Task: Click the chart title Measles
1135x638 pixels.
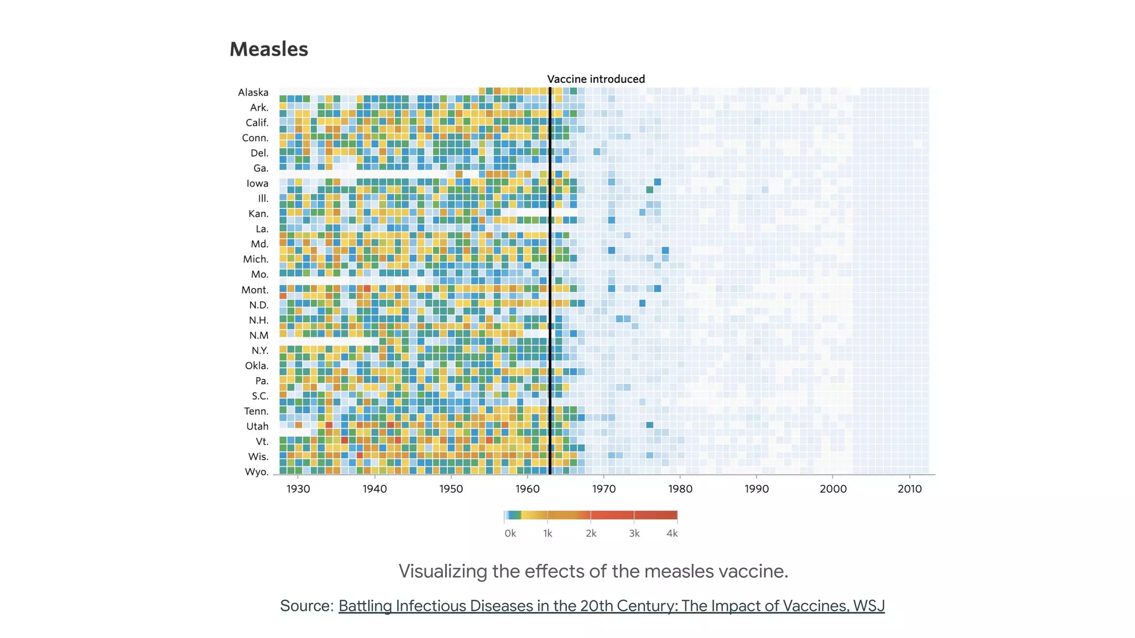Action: tap(269, 49)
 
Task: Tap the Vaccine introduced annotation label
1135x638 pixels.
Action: tap(596, 79)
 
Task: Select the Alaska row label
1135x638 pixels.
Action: tap(253, 92)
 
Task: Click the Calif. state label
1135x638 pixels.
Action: tap(257, 123)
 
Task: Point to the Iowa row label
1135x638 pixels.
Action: tap(258, 183)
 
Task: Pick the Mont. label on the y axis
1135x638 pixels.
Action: tap(255, 290)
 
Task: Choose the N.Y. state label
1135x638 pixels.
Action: tap(260, 351)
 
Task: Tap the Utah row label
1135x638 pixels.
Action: tap(257, 426)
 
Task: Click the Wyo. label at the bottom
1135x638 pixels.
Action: tap(257, 472)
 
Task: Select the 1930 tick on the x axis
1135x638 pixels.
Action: tap(298, 489)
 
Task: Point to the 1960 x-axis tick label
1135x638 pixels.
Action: tap(527, 489)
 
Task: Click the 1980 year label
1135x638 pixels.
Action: tap(680, 489)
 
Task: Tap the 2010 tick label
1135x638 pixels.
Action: tap(909, 489)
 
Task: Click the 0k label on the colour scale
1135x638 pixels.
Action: tap(510, 533)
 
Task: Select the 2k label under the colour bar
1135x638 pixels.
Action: tap(591, 533)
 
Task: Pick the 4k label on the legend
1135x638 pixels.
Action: tap(672, 533)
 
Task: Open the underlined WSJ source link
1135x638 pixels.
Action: tap(611, 606)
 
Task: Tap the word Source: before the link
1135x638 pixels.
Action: tap(306, 606)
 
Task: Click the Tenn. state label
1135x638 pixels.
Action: tap(256, 411)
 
